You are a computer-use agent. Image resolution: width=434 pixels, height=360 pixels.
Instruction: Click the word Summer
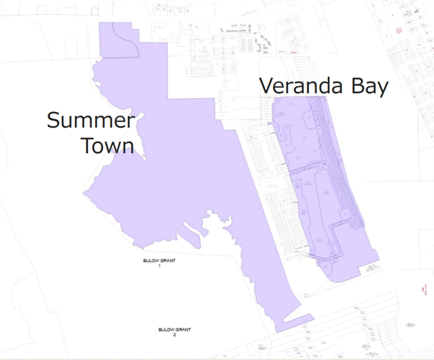point(91,120)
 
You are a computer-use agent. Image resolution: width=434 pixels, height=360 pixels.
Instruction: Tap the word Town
point(107,146)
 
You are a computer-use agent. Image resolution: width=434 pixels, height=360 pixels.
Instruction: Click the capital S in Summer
point(55,120)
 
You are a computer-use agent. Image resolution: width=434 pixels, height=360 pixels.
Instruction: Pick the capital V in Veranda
point(267,86)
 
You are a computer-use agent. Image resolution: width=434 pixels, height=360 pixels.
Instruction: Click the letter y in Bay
point(383,89)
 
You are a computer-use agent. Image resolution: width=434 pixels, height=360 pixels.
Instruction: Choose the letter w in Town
point(112,148)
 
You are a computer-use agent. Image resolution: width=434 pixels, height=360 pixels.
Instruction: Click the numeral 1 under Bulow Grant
point(160,265)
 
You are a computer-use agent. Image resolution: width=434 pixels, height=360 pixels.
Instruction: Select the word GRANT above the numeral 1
point(168,261)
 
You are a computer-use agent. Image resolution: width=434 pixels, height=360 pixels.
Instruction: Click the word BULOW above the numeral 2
point(166,330)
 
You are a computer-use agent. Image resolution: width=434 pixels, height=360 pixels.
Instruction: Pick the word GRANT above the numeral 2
point(183,330)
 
